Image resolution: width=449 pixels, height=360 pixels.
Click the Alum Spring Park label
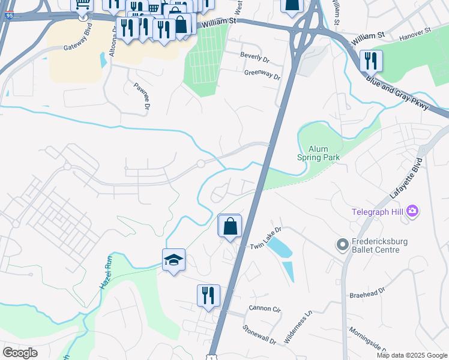318,153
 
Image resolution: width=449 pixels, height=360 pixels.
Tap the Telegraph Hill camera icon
412,211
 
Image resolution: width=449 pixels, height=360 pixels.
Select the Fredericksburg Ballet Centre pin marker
342,244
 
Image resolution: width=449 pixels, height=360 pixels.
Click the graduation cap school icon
173,260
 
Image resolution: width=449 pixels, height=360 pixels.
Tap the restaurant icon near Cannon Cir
208,295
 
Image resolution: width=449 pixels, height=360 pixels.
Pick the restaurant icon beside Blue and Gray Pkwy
371,61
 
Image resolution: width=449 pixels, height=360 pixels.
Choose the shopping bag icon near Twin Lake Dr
230,226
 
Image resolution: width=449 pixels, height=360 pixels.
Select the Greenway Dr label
262,75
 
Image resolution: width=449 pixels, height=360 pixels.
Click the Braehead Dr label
367,295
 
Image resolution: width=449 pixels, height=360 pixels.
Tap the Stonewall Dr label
259,335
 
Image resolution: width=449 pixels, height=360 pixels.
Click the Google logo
20,353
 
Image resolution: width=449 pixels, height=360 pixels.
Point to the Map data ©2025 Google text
412,355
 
